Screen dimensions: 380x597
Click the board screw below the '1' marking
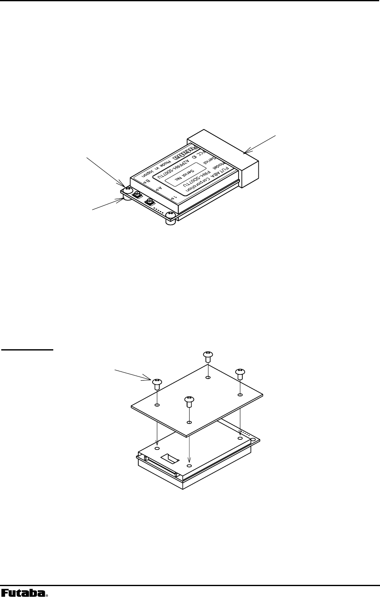[170, 215]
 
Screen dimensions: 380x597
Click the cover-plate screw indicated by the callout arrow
[157, 382]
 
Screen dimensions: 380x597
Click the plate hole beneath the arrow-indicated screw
[157, 405]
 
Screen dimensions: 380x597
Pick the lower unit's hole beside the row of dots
[240, 438]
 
